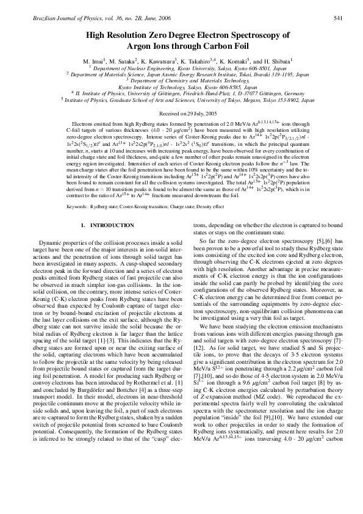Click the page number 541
(345, 18)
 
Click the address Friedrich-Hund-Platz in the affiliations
(208, 93)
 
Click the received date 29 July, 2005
(191, 114)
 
